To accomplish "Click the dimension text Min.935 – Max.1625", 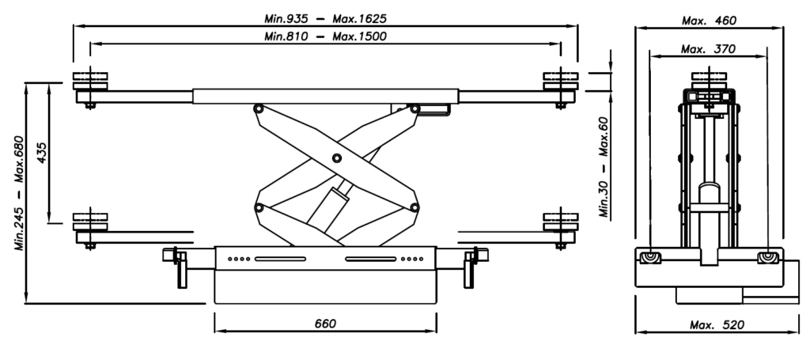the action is [325, 19].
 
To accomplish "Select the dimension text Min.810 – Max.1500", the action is [325, 36].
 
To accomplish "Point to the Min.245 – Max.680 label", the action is [19, 192].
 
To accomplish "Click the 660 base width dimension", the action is [325, 324].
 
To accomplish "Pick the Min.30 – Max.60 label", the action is [605, 167].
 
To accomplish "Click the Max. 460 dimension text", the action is [709, 21].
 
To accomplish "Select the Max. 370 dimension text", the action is [708, 50].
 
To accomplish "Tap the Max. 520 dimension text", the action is [717, 325].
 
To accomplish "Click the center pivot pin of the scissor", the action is [337, 158].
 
